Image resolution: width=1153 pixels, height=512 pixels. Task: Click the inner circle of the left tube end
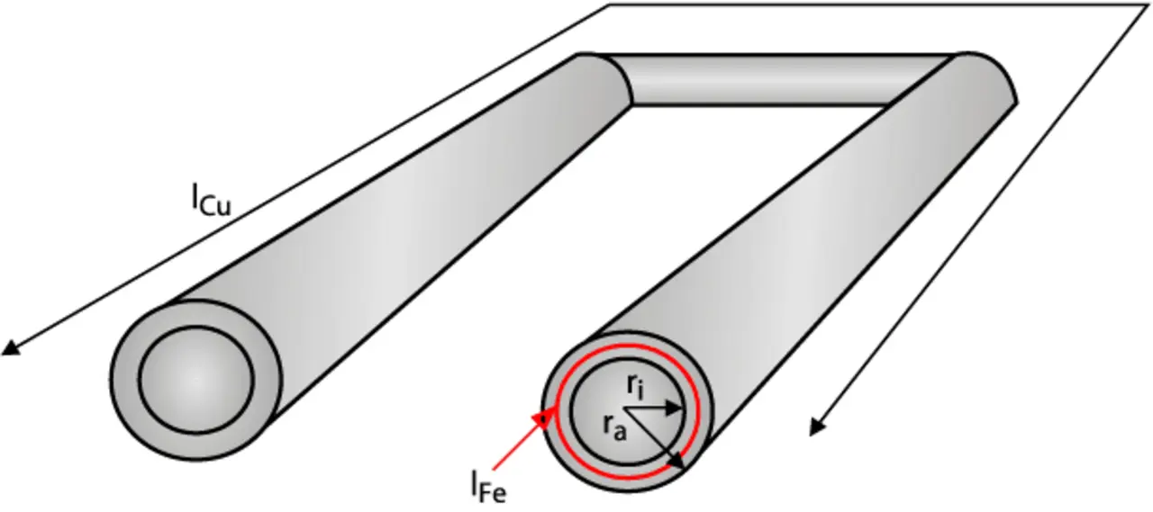(x=196, y=379)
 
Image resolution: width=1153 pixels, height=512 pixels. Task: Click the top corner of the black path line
(x=609, y=5)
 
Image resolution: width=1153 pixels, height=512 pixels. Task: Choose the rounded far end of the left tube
(x=604, y=76)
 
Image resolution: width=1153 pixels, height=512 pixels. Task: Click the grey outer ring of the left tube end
(x=125, y=379)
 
